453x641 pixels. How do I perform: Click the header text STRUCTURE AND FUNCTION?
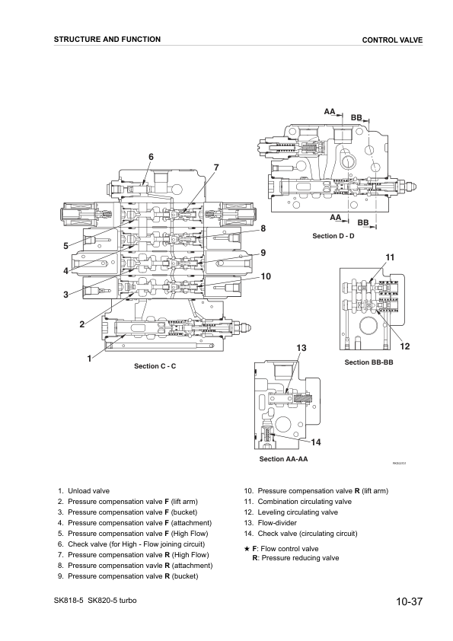pos(107,40)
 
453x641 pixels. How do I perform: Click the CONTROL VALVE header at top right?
pos(392,40)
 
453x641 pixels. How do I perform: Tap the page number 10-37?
pos(409,603)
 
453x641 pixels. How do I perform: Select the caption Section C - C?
pos(155,366)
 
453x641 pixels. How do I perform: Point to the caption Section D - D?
pos(333,236)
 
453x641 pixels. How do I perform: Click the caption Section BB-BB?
pos(368,362)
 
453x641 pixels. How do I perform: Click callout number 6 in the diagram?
pos(151,157)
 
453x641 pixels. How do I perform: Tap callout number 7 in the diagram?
pos(216,167)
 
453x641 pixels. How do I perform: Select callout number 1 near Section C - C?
pos(89,357)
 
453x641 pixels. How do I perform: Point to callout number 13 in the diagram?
pos(301,348)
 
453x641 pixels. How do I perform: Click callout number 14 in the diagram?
pos(315,442)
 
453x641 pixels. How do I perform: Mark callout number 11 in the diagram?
pos(390,257)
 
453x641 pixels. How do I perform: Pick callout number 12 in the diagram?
pos(404,346)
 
